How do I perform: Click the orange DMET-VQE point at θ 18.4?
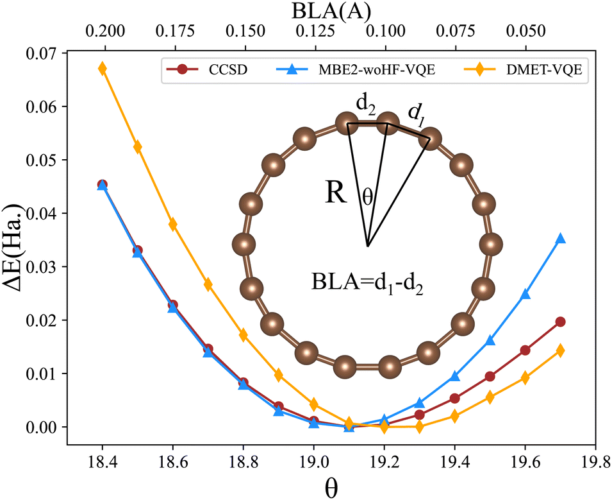point(102,69)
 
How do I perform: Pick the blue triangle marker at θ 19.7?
point(560,238)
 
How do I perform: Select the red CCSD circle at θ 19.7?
point(560,322)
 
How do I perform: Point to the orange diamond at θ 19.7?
point(560,350)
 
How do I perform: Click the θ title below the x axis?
point(331,488)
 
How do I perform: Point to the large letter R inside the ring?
point(336,193)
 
